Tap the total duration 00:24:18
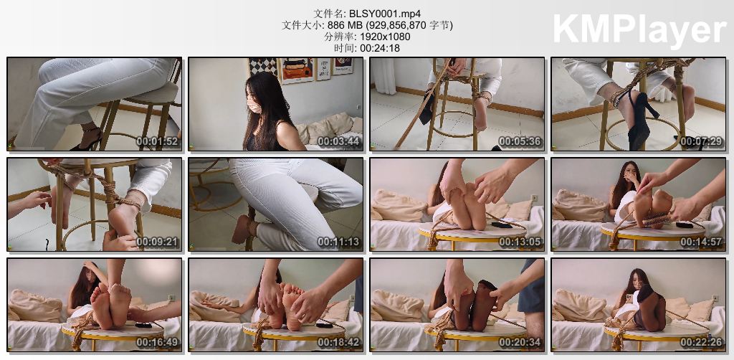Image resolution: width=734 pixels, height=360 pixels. point(380,48)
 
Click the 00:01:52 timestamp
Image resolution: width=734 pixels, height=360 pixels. point(157,141)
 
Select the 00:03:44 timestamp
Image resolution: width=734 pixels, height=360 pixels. point(339,141)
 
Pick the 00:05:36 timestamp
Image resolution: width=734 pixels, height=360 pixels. point(520,141)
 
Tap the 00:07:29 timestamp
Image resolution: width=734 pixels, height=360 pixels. point(702,141)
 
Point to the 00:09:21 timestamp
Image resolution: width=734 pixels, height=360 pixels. point(157,242)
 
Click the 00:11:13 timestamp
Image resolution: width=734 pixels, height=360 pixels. point(339,242)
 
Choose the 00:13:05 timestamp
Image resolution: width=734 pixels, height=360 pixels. point(520,242)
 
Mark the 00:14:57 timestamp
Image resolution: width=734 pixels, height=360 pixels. point(702,242)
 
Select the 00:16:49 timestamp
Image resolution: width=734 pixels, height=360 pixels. point(157,342)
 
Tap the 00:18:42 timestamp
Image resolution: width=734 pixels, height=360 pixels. point(339,342)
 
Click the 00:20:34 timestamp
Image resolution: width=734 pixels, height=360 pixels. point(520,342)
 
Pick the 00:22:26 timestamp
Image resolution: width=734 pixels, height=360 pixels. point(702,342)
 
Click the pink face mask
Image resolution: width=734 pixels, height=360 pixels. point(254,106)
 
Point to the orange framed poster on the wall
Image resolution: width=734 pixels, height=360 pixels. point(296,70)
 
